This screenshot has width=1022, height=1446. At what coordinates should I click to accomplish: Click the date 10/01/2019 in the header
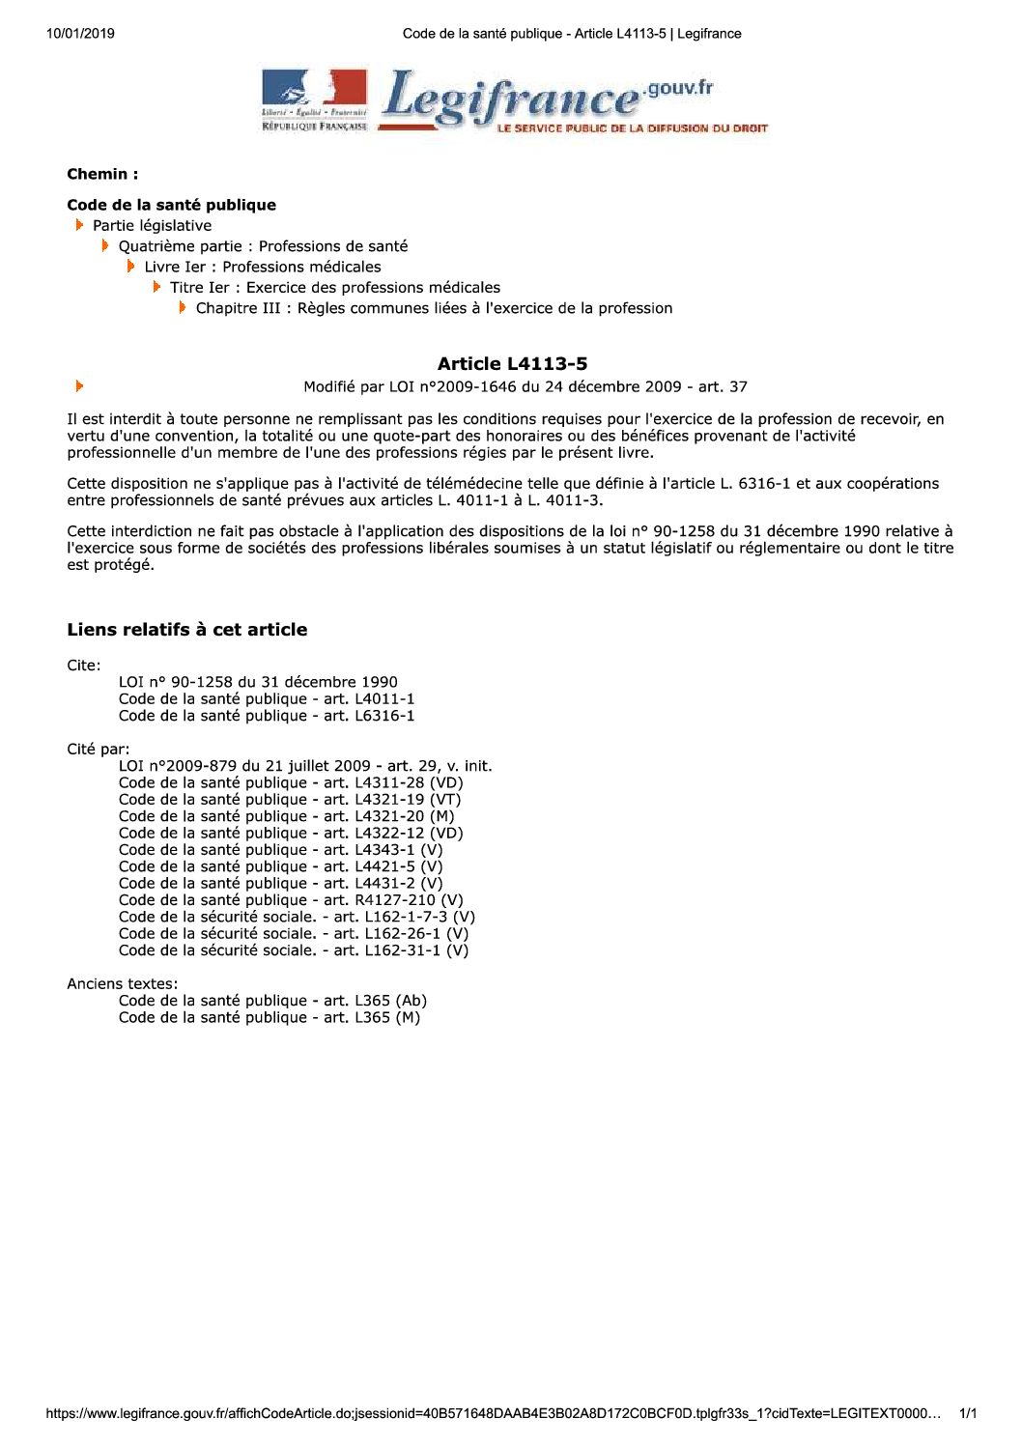coord(80,34)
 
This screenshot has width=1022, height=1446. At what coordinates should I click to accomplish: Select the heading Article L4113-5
coord(512,364)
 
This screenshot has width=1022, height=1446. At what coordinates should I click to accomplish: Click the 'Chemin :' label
coord(102,175)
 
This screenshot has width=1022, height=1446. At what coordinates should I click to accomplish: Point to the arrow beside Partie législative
coord(80,225)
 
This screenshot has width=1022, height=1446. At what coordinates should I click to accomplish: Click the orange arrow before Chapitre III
coord(183,307)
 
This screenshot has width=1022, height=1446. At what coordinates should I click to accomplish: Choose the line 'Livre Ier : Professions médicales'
coord(263,267)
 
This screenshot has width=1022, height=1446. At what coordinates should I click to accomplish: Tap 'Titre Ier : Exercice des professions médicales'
coord(335,288)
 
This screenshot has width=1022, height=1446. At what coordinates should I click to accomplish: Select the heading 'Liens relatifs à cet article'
coord(187,630)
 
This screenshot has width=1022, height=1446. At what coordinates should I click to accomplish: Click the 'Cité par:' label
coord(99,750)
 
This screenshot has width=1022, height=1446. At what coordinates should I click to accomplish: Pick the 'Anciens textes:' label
coord(123,984)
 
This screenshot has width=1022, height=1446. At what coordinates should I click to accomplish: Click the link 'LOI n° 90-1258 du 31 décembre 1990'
coord(258,682)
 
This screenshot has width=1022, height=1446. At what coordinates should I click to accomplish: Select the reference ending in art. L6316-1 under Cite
coord(267,716)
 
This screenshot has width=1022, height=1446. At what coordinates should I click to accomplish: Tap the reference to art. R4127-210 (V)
coord(291,900)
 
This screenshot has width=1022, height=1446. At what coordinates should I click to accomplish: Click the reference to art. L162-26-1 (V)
coord(294,934)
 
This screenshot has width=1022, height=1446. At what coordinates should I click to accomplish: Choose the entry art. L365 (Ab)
coord(272,1001)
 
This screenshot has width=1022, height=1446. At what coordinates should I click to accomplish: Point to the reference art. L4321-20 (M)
coord(286,816)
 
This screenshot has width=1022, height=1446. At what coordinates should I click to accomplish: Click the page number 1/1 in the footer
coord(968,1414)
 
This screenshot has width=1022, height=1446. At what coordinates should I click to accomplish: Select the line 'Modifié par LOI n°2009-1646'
coord(525,387)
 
